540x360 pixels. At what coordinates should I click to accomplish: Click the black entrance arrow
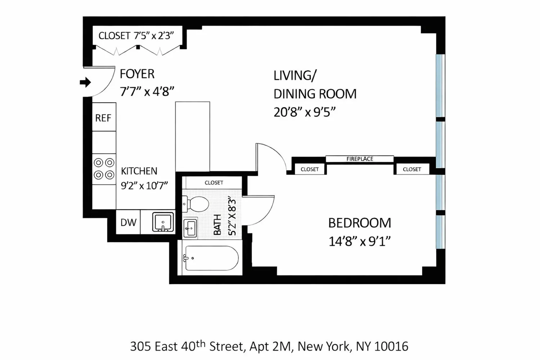coord(85,82)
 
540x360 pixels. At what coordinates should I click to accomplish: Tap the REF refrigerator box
coord(104,117)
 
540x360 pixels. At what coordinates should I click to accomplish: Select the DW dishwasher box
coord(128,222)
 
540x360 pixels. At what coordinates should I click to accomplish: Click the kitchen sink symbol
coord(163,222)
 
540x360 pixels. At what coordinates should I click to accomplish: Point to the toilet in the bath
coord(195,204)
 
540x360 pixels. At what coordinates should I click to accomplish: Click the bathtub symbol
coord(211,258)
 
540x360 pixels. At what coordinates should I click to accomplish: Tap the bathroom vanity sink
coord(190,228)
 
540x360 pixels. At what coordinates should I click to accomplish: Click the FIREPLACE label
coord(360,159)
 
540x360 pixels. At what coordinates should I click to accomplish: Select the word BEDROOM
coord(360,223)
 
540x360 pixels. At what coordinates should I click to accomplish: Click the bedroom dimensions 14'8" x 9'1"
coord(359,241)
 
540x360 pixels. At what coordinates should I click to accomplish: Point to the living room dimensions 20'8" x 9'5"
coord(305,112)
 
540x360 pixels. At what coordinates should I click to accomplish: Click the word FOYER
coord(137,74)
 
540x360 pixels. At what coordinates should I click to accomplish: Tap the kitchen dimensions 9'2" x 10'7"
coord(144,186)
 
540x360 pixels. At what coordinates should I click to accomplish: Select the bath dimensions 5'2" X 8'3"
coord(232,216)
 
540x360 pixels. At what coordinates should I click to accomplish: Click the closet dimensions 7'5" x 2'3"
coord(154,36)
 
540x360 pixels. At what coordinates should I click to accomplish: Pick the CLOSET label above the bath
coord(214,183)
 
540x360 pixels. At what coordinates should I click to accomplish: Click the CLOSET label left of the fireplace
coord(310,169)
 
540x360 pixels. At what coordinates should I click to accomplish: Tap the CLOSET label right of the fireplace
coord(412,169)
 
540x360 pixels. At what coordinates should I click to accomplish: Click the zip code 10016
coord(391,346)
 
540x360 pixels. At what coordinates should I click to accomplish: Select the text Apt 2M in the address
coord(270,346)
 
